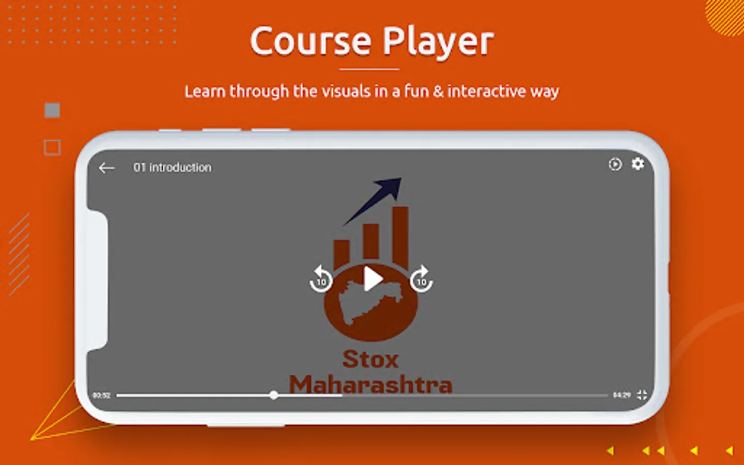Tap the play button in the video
pyautogui.click(x=373, y=280)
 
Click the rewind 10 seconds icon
pyautogui.click(x=321, y=280)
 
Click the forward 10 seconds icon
pyautogui.click(x=421, y=280)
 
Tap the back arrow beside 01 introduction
pyautogui.click(x=106, y=168)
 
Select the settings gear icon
pyautogui.click(x=638, y=164)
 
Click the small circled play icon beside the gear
pyautogui.click(x=615, y=164)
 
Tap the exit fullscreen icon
pyautogui.click(x=642, y=395)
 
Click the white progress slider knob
pyautogui.click(x=274, y=395)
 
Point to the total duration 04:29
pyautogui.click(x=622, y=395)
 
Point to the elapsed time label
pyautogui.click(x=101, y=396)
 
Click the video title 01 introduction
pyautogui.click(x=172, y=167)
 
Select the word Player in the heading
pyautogui.click(x=438, y=42)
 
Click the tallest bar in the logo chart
pyautogui.click(x=400, y=235)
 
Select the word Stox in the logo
pyautogui.click(x=370, y=360)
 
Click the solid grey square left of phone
pyautogui.click(x=52, y=110)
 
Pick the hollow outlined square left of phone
pyautogui.click(x=52, y=148)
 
